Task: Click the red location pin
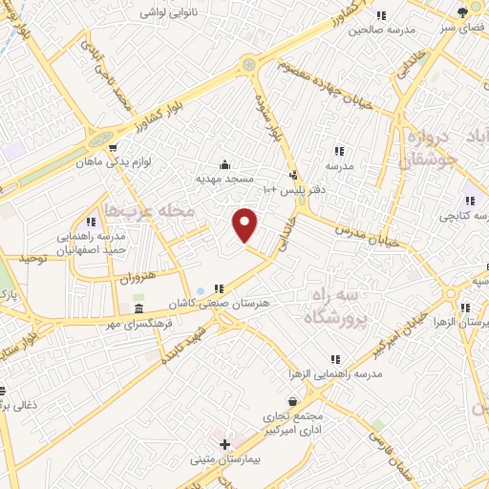click(x=245, y=225)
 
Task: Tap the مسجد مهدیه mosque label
click(x=223, y=179)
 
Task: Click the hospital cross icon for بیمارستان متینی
click(x=224, y=445)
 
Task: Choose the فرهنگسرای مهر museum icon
click(x=139, y=310)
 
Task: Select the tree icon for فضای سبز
click(x=463, y=11)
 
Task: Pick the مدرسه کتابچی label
click(x=460, y=216)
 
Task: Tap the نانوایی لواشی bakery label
click(x=169, y=13)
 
